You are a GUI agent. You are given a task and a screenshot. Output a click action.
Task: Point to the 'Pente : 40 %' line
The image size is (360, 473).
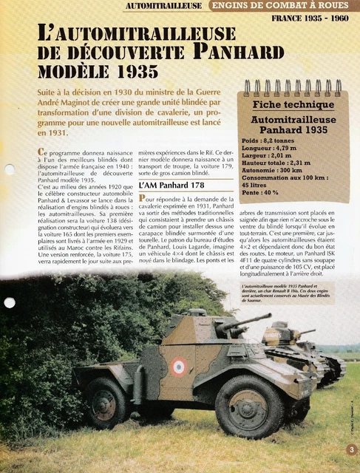coord(261,191)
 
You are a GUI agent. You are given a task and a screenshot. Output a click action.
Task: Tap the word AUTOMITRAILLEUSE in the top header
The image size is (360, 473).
coord(163,6)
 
